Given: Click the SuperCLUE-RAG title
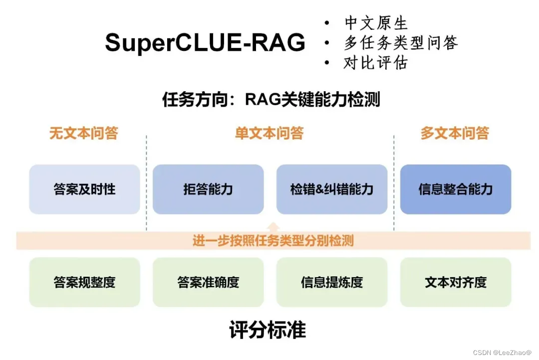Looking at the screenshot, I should point(205,43).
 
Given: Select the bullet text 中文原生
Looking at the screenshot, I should point(376,23).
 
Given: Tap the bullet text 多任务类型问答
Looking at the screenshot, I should point(400,43).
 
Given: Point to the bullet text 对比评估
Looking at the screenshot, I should point(376,63).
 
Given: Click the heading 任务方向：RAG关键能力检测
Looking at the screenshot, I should point(271,99).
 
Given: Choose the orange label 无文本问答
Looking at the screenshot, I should point(83,133).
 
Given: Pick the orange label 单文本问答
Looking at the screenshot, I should point(269,133).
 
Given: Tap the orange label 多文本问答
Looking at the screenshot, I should point(455,133).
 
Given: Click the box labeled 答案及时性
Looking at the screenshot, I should point(84,189).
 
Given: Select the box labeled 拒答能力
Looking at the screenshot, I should point(208,189).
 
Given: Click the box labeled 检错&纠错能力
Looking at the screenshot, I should point(332,189).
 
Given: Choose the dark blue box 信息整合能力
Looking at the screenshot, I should point(456,189).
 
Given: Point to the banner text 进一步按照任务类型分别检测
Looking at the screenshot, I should point(273,241).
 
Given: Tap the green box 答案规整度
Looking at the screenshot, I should point(84,282).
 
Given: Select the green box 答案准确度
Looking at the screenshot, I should point(208,282).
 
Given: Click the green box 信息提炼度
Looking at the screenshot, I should point(332,282).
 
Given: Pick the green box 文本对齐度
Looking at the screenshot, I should point(456,282).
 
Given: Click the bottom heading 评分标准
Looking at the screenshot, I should point(268,330).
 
